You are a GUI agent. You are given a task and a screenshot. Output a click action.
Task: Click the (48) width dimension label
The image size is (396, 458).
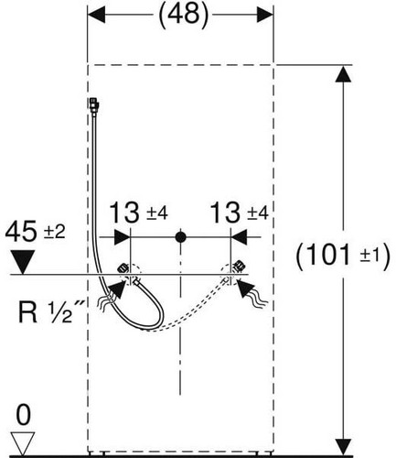[184, 15]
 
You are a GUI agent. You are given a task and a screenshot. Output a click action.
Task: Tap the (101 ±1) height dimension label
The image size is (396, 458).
[343, 256]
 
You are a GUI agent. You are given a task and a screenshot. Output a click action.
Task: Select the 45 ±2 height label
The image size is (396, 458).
[35, 231]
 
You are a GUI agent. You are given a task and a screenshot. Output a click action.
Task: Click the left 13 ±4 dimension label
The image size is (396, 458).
[138, 213]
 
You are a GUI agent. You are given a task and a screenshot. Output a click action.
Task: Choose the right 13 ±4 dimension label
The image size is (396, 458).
[240, 213]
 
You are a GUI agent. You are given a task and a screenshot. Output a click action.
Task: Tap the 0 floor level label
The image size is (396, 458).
[23, 415]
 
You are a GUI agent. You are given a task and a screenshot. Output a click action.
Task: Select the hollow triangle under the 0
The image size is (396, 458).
[22, 443]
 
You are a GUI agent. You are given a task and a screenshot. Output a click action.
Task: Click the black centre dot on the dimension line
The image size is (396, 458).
[181, 237]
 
